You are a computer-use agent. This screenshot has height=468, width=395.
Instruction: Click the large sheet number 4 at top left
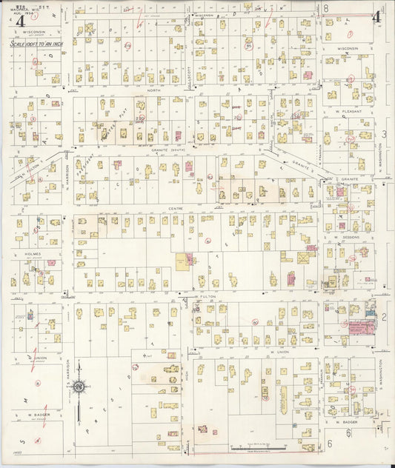18,20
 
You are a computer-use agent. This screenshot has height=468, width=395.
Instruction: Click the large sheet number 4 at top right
376,16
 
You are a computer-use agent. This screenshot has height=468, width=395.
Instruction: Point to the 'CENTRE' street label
176,209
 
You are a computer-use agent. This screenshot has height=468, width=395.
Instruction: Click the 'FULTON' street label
207,296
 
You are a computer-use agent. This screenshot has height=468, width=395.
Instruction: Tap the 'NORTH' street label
153,91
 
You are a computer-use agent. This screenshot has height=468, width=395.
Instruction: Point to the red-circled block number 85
249,47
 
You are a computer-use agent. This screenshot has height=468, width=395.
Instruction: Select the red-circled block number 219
127,46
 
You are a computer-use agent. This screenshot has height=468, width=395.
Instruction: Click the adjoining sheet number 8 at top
325,7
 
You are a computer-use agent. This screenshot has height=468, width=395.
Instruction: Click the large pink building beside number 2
361,327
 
